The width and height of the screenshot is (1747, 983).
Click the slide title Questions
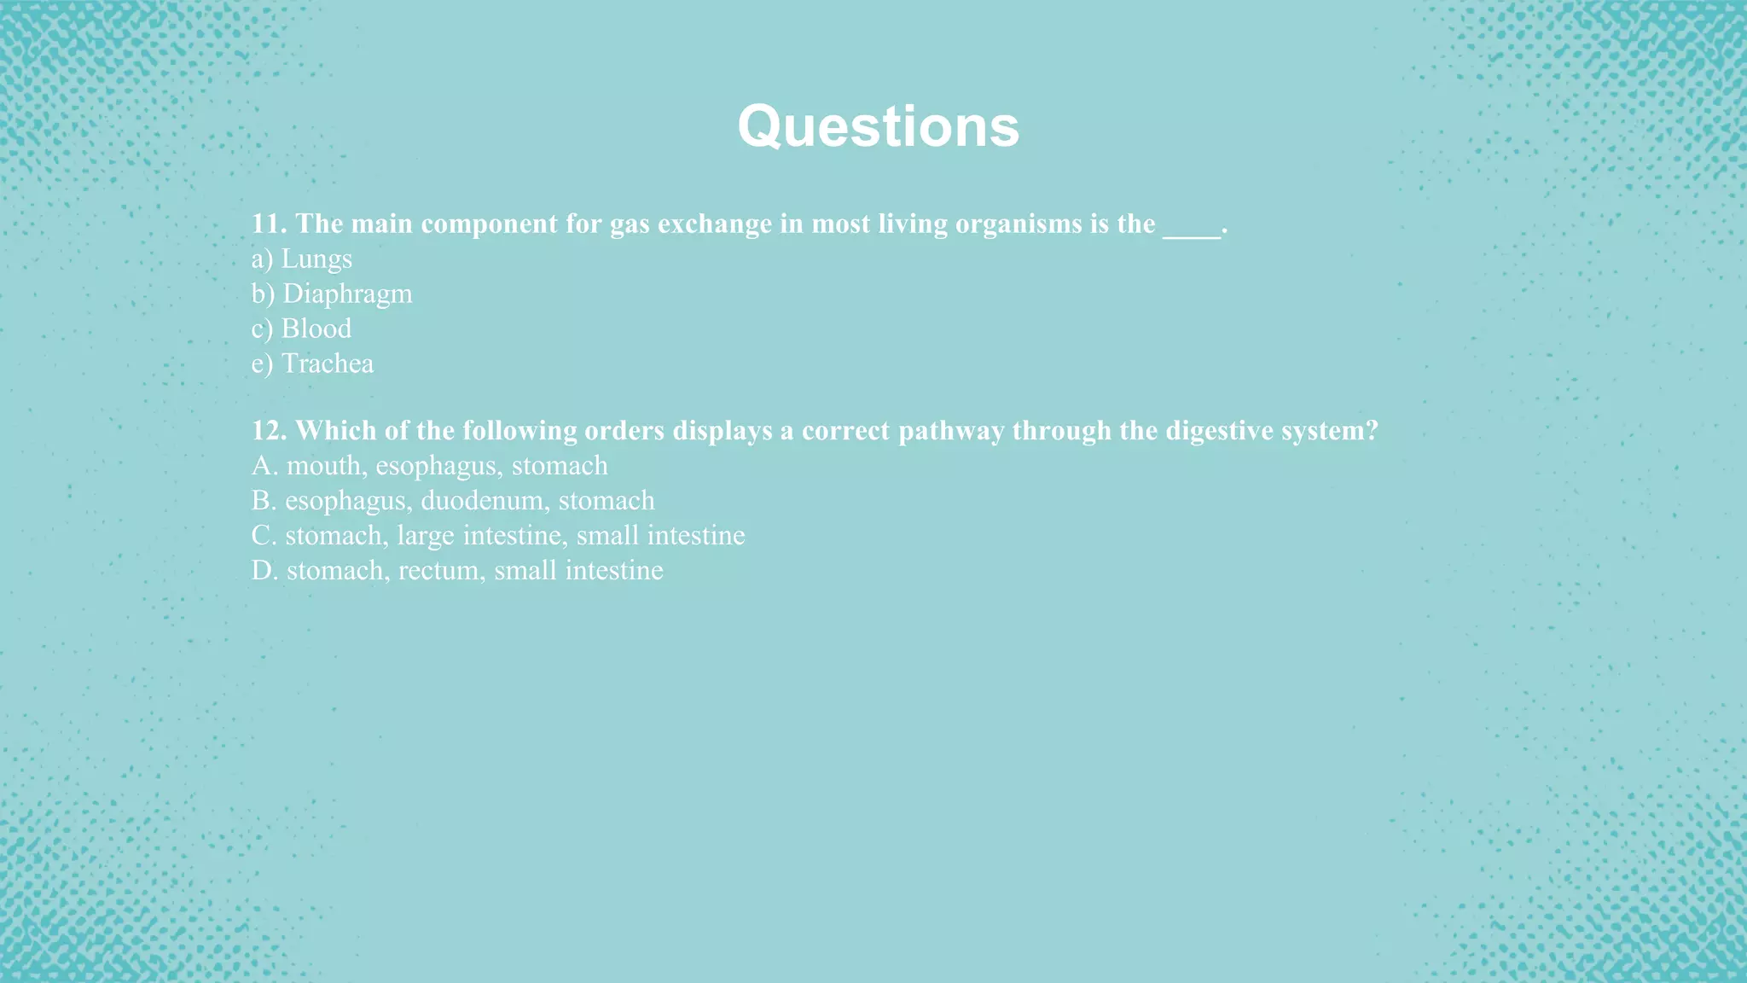[x=878, y=126]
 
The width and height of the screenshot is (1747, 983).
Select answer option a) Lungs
[x=302, y=259]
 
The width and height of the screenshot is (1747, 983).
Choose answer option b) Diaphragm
[x=332, y=294]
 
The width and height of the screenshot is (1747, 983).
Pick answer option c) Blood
[x=301, y=329]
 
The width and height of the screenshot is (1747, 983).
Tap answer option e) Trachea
[x=312, y=364]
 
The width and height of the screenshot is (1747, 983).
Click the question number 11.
[x=268, y=224]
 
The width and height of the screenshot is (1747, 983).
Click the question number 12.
[x=268, y=430]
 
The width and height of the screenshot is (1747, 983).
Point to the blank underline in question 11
[x=1192, y=229]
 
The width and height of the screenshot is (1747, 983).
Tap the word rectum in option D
[x=438, y=570]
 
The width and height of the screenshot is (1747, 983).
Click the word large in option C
[x=425, y=536]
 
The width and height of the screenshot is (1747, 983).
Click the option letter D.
[x=264, y=570]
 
